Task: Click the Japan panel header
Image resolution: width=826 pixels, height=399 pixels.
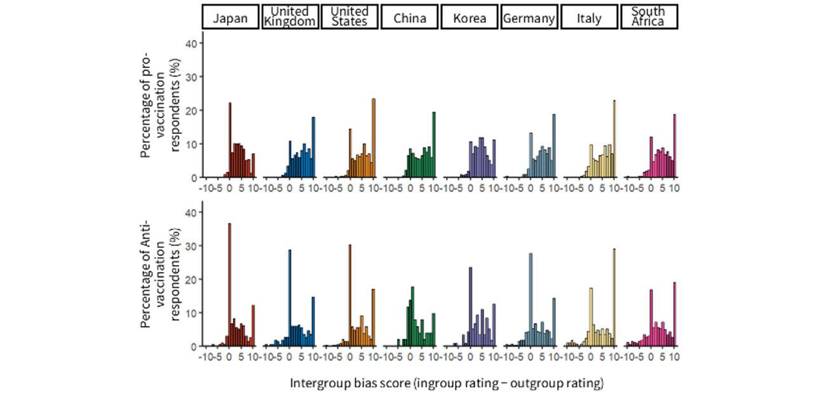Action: [x=231, y=18]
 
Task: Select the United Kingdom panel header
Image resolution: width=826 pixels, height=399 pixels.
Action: [x=290, y=18]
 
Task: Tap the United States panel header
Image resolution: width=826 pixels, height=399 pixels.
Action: [x=349, y=18]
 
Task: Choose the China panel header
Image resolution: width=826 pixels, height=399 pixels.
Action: [x=409, y=18]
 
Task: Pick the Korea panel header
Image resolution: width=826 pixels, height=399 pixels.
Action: [x=470, y=18]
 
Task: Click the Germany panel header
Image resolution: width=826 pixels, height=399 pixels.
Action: [x=529, y=18]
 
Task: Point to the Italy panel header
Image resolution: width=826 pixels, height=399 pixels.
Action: [x=589, y=18]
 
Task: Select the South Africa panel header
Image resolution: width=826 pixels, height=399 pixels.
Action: [x=649, y=18]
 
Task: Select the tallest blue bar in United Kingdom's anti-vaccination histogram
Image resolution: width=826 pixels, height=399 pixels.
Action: [x=290, y=298]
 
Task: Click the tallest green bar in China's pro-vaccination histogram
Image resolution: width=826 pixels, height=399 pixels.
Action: [x=434, y=145]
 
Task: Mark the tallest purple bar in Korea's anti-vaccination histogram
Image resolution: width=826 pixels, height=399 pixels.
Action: [x=470, y=307]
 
